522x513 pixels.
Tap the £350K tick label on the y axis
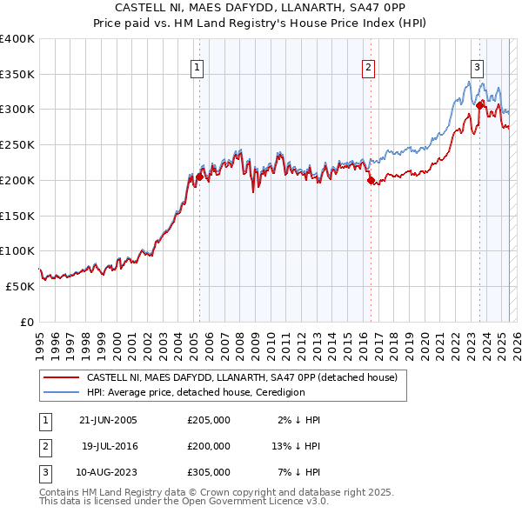coord(17,74)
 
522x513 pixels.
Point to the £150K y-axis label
coord(17,215)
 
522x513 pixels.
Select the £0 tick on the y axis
coord(26,322)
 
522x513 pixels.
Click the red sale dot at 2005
coord(199,177)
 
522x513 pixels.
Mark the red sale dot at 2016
coord(370,180)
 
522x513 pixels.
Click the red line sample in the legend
coord(61,377)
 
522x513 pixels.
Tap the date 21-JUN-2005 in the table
coord(108,420)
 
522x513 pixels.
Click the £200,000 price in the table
coord(209,446)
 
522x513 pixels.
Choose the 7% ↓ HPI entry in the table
coord(300,472)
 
